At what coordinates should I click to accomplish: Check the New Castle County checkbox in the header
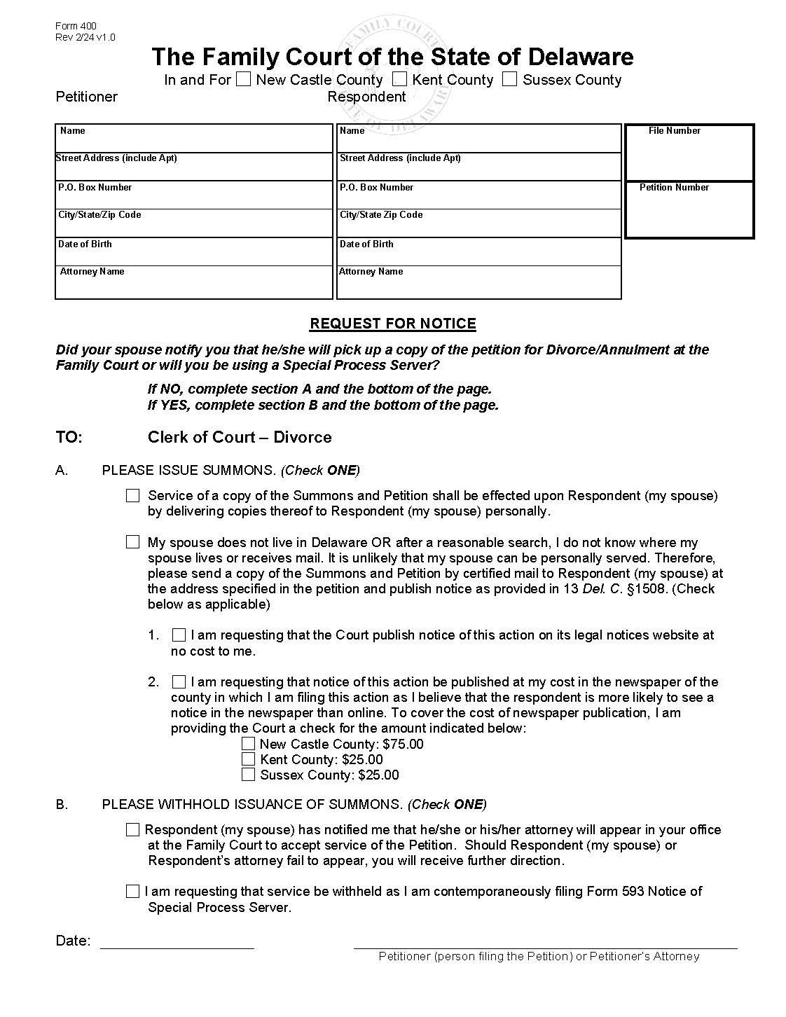pos(243,79)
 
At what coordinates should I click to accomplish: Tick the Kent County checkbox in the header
pos(399,79)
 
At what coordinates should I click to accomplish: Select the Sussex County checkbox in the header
pos(510,79)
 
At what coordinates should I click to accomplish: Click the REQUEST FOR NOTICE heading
pos(393,324)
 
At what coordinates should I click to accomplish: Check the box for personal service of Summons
pos(133,496)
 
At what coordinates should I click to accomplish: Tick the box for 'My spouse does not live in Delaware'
pos(133,542)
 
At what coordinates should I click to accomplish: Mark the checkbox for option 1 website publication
pos(179,635)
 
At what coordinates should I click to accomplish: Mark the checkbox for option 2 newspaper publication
pos(179,682)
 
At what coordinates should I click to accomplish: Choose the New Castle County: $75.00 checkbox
pos(248,744)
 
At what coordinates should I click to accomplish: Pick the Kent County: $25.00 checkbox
pos(248,759)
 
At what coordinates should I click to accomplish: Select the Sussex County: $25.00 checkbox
pos(248,775)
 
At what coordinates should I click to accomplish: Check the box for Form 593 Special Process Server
pos(133,892)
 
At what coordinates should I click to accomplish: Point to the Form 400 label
pos(76,27)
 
